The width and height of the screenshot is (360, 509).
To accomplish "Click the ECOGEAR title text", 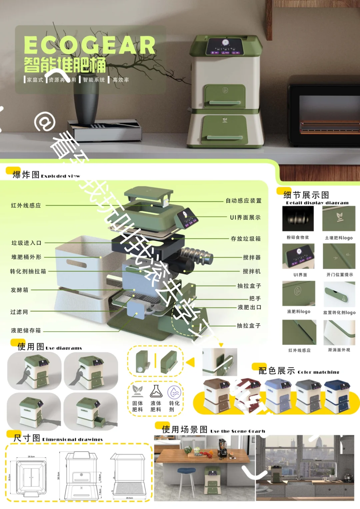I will coord(89,45).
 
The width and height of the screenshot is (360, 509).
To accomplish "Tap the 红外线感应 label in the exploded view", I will coord(26,206).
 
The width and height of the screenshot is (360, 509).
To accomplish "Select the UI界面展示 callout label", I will coord(245,218).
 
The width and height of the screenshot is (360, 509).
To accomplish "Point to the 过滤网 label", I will coord(19,312).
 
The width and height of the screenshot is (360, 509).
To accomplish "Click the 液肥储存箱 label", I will coord(26,330).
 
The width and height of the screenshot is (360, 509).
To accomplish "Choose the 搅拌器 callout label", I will coord(252,257).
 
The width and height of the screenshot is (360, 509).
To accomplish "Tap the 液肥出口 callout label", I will coord(249,307).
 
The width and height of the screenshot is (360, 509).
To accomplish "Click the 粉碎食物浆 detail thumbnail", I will coord(298,219).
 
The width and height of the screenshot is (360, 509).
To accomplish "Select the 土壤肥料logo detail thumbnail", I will coord(339,219).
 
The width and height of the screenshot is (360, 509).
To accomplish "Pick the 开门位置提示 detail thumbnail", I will coord(339,256).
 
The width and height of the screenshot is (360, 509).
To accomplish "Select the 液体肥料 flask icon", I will coord(156,392).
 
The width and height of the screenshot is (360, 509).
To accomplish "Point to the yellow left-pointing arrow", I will coord(190,362).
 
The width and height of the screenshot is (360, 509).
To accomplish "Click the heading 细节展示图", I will coord(306,195).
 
